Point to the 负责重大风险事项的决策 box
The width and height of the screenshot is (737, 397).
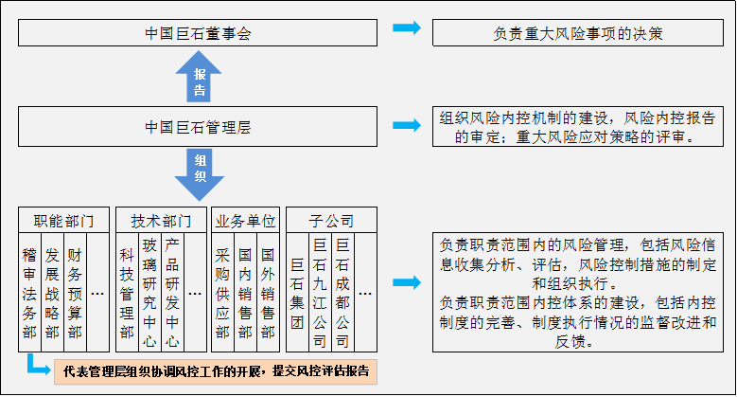coord(578,32)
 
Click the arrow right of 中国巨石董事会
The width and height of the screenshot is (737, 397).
coord(407,28)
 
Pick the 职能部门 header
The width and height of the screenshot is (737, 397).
coord(63,221)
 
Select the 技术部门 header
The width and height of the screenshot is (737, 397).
coord(160,221)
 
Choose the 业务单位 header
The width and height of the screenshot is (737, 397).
coord(245,221)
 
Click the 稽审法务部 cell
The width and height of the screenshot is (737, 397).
coord(31,293)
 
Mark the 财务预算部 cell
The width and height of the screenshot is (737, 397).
coord(75,293)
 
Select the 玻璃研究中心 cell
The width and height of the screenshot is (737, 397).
coord(149,293)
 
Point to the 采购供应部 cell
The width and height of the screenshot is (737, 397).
coord(223,293)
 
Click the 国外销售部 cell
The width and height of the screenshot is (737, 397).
coord(268,293)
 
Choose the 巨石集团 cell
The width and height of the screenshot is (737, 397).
coord(297,293)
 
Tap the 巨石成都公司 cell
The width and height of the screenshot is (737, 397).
coord(342,293)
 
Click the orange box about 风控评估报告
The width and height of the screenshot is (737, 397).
coord(216,370)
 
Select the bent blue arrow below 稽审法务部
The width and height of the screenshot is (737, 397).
coord(36,365)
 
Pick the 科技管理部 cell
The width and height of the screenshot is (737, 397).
coord(127,293)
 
